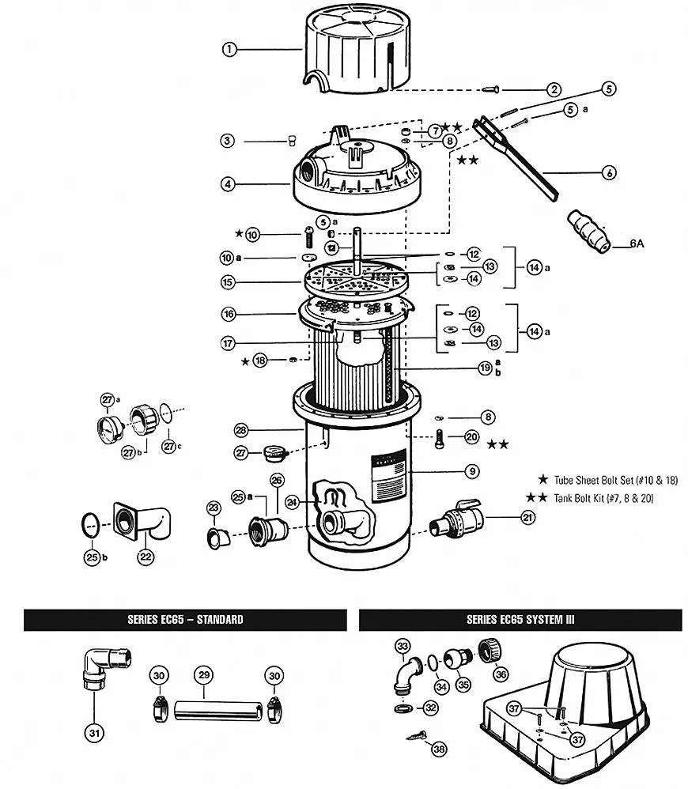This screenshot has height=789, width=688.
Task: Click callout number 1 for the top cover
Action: tap(229, 49)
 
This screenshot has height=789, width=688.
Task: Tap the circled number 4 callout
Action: tap(228, 184)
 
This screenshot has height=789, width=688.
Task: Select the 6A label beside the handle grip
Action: tap(637, 243)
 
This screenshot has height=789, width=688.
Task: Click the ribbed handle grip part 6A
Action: tap(589, 231)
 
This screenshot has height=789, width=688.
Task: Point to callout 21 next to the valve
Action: tap(527, 517)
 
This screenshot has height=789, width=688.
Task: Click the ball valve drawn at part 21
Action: tap(457, 519)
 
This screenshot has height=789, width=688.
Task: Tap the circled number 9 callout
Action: tap(471, 471)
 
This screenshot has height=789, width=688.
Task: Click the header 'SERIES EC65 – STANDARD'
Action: tap(185, 620)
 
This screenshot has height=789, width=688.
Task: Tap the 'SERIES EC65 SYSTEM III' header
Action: tap(520, 620)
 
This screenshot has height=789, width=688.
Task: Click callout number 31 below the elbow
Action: tap(95, 733)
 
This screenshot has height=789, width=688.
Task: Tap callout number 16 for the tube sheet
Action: tap(229, 315)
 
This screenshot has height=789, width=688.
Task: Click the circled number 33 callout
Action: tap(403, 646)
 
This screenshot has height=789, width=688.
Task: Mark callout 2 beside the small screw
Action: tap(554, 89)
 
